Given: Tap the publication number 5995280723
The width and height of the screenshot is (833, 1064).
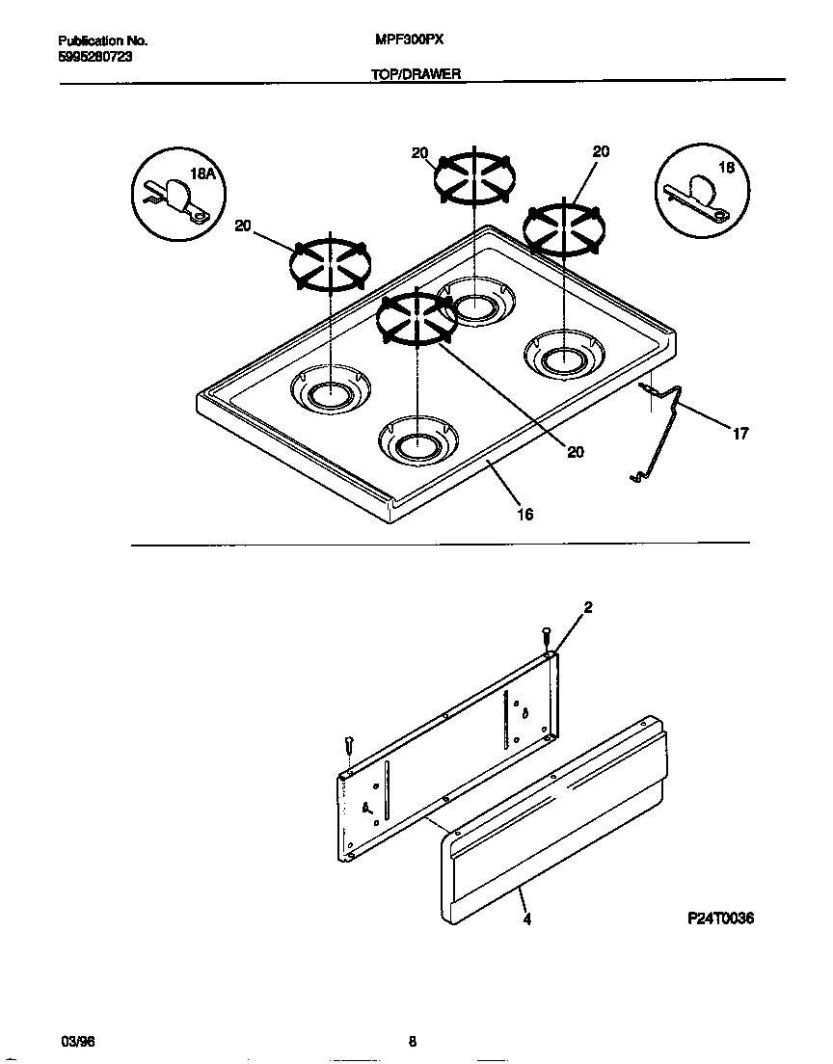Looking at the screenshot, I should click(94, 57).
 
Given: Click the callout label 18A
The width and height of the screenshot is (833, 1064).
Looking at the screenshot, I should click(202, 174).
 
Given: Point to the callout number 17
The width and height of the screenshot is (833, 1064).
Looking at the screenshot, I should click(739, 434).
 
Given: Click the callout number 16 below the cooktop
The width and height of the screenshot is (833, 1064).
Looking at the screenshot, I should click(524, 514).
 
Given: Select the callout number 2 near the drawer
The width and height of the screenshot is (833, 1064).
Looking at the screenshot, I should click(588, 607).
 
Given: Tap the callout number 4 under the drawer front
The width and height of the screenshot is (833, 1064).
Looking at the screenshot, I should click(526, 918).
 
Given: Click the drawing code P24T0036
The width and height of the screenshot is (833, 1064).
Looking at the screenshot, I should click(720, 918).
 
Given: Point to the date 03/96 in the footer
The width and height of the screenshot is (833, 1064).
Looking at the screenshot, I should click(77, 1041).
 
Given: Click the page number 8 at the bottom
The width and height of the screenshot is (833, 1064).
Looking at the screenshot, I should click(413, 1041).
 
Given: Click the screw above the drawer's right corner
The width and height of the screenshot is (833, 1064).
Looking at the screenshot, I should click(546, 637).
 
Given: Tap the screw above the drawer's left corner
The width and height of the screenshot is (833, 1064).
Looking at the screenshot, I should click(349, 746).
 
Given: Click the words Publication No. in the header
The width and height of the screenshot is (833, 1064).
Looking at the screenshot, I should click(102, 41).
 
